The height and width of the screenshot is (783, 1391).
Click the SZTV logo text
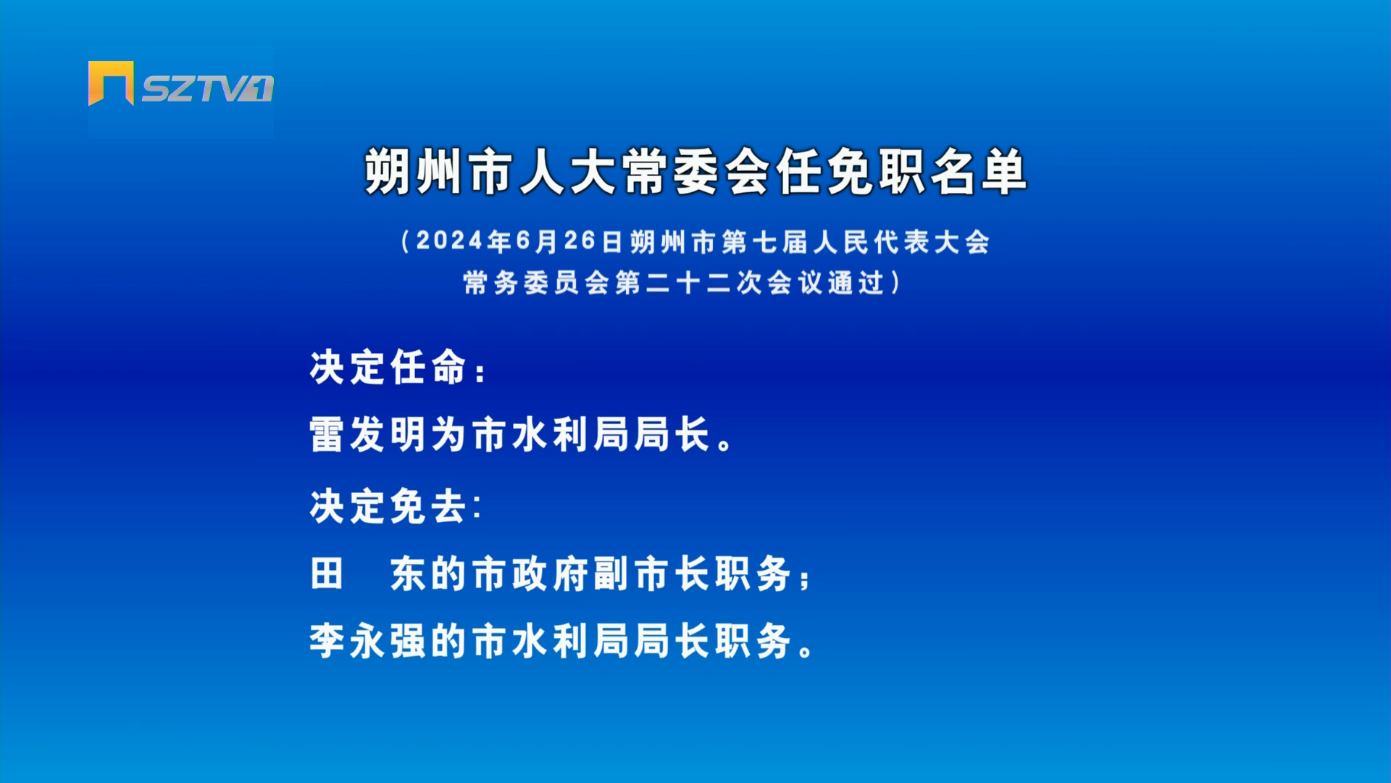pyautogui.click(x=207, y=88)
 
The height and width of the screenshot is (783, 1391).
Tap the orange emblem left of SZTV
pyautogui.click(x=111, y=83)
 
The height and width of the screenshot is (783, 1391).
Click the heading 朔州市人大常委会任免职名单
pyautogui.click(x=695, y=173)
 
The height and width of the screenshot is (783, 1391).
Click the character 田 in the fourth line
pyautogui.click(x=327, y=573)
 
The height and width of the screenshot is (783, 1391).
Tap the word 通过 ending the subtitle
pyautogui.click(x=856, y=283)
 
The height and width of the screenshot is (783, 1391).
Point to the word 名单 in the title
pyautogui.click(x=978, y=173)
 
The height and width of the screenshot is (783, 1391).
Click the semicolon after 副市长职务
pyautogui.click(x=804, y=579)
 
